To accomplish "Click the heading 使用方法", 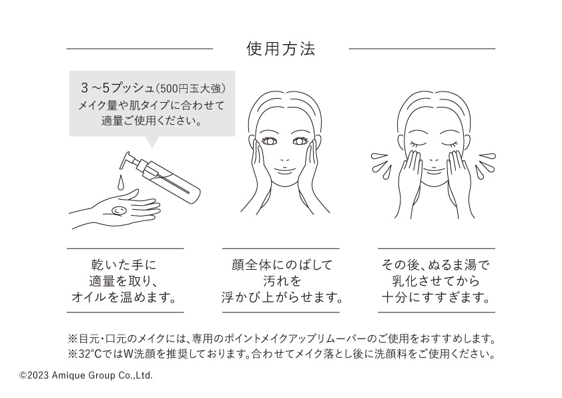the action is click(280, 49).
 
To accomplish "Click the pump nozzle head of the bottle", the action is click(129, 160).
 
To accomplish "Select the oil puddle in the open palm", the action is click(119, 210).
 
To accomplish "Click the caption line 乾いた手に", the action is click(124, 265).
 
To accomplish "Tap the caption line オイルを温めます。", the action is click(124, 297).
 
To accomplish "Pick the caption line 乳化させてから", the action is click(436, 280).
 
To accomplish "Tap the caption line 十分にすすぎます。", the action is click(436, 297).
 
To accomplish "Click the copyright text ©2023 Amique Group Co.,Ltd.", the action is click(86, 375).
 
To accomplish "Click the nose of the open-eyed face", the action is click(284, 158).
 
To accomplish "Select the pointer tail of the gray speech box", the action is click(152, 142).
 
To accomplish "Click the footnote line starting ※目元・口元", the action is click(282, 339).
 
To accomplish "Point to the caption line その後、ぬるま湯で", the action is click(436, 265).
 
